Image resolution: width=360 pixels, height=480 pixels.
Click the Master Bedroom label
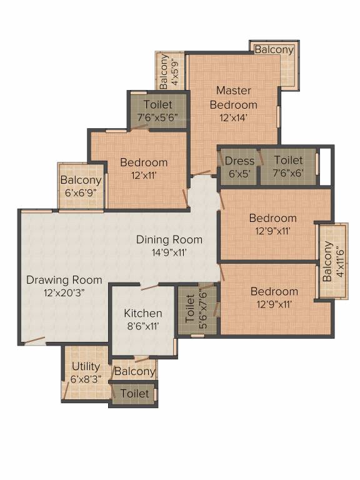point(233,97)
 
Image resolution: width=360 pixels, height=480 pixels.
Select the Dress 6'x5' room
point(239,167)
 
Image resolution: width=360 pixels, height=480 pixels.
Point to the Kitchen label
point(142,313)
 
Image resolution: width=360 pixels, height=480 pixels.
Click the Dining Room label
point(169,239)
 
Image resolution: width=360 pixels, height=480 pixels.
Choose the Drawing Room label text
point(64,279)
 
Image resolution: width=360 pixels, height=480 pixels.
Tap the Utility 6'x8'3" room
point(86,372)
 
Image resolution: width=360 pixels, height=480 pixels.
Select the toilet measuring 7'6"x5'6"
point(157,111)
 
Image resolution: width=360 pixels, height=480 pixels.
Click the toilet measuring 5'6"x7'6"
point(196,309)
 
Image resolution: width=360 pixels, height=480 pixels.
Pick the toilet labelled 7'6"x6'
point(287,167)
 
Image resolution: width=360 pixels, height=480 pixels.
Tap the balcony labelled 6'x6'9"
point(81,186)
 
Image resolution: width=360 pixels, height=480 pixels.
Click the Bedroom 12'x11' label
point(144,169)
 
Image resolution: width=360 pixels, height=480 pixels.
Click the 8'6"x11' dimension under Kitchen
point(142,326)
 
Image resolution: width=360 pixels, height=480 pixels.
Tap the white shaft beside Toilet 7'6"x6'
point(324,167)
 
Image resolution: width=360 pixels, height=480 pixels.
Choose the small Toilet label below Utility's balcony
point(134,394)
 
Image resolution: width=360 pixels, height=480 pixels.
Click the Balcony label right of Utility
point(134,372)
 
